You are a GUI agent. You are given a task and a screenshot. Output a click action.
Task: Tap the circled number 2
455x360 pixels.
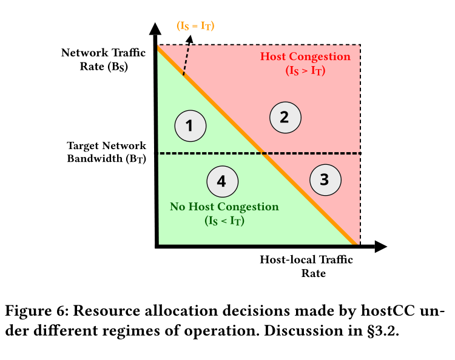tap(283, 117)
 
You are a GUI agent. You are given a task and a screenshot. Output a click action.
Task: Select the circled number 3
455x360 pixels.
tap(325, 179)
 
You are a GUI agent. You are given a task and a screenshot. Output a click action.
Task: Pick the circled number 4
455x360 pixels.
tap(221, 181)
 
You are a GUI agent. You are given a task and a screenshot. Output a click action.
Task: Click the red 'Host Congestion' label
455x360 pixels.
tap(305, 57)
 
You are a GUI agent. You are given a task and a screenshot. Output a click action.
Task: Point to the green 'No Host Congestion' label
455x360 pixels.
tap(224, 207)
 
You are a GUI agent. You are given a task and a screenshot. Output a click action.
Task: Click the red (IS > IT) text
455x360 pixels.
tap(305, 70)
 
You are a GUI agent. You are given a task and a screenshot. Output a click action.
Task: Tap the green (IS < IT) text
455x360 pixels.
tap(224, 221)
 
